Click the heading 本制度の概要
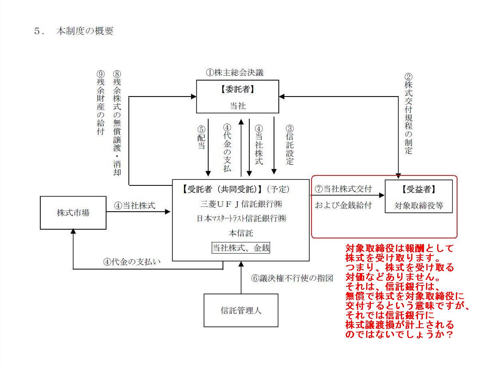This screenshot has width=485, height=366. tap(85, 31)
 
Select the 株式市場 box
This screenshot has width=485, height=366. tap(73, 213)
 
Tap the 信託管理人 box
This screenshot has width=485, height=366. tap(241, 310)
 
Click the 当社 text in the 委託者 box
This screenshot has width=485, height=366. tap(238, 106)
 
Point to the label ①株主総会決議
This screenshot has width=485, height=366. tap(235, 73)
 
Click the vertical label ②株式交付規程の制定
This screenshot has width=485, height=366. tap(408, 114)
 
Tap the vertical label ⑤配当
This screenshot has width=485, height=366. tap(201, 138)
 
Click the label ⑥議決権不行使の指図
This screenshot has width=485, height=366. tap(292, 278)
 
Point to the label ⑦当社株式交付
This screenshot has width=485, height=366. tap(343, 189)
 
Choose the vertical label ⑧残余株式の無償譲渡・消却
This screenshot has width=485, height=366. tap(117, 123)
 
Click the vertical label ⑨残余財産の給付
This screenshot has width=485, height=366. tap(101, 103)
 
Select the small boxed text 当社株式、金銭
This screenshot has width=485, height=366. tap(241, 248)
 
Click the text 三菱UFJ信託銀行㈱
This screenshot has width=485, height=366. tap(241, 204)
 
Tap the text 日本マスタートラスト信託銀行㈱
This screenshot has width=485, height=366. tap(241, 218)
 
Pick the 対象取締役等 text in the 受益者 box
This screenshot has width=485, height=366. tap(419, 205)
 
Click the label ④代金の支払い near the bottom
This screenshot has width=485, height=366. tap(132, 262)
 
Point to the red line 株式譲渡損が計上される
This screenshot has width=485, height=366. tap(400, 325)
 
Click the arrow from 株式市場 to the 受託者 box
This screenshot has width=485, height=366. tap(138, 212)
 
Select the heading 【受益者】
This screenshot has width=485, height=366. tap(418, 189)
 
